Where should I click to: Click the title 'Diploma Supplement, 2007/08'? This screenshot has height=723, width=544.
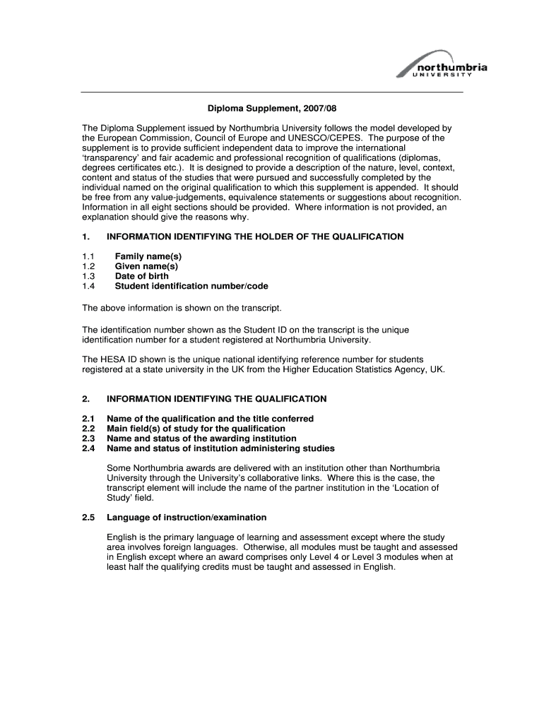click(272, 109)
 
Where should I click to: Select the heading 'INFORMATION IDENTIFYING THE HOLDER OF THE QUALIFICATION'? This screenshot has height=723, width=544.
click(255, 237)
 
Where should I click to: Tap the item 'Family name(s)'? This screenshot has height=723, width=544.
click(148, 256)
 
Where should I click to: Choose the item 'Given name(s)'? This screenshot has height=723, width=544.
click(146, 266)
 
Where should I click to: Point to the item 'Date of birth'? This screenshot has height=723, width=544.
click(142, 276)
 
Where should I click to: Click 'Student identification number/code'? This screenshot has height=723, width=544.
click(191, 286)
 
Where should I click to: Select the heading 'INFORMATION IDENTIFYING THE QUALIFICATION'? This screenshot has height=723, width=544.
click(216, 399)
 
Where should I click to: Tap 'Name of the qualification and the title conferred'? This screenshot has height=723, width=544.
click(210, 419)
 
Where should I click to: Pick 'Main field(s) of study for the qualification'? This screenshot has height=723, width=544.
click(196, 429)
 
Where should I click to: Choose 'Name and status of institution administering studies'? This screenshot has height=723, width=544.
click(220, 448)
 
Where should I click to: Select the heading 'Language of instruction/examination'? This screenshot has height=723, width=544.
click(187, 518)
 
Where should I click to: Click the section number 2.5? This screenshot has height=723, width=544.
click(88, 518)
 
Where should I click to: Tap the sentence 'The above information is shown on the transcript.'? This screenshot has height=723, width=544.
click(182, 309)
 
